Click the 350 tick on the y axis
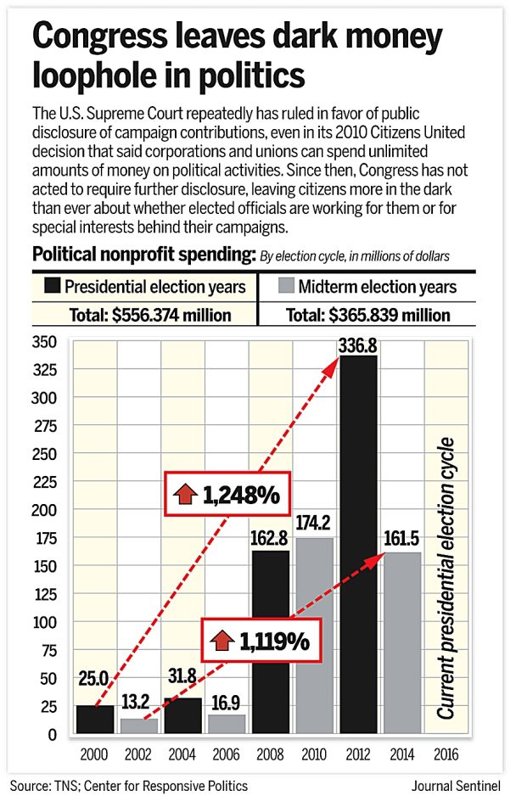point(44,341)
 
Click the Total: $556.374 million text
point(151,316)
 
